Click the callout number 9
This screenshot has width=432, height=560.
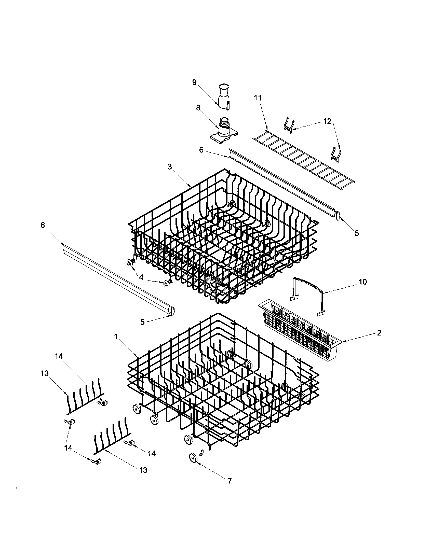coord(194,82)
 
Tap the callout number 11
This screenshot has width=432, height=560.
coord(258,98)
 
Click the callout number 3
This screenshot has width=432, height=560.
coord(170,167)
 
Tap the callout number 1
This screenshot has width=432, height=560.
coord(116,337)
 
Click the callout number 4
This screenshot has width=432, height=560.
coord(141,277)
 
